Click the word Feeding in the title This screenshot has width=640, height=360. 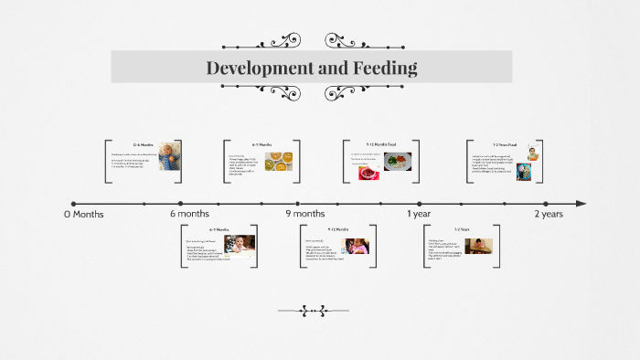click(x=384, y=68)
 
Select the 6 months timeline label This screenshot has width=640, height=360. click(x=189, y=214)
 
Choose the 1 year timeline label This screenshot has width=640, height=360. click(x=419, y=214)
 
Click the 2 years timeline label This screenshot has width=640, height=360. click(x=549, y=214)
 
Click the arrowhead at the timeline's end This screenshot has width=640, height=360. click(x=581, y=204)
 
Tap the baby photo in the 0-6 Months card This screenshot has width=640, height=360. click(x=169, y=155)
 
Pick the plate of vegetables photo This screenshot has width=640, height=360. click(x=398, y=161)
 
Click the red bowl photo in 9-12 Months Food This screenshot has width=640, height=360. click(x=369, y=171)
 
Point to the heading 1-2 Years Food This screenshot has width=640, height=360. click(x=505, y=145)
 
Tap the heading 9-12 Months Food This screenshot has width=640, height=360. click(x=380, y=144)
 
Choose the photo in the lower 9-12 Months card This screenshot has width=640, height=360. click(x=357, y=246)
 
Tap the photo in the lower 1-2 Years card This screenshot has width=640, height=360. click(x=478, y=245)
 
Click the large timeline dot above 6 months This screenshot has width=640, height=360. click(x=181, y=204)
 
